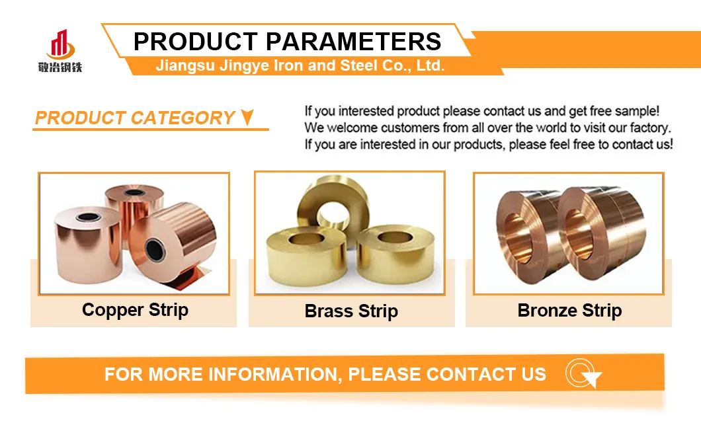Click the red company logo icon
pyautogui.click(x=60, y=44)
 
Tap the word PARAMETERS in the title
pyautogui.click(x=354, y=42)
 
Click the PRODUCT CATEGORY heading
pyautogui.click(x=135, y=118)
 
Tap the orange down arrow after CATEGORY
pyautogui.click(x=247, y=118)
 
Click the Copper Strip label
pyautogui.click(x=135, y=310)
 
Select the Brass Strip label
pyautogui.click(x=351, y=311)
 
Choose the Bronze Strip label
pyautogui.click(x=569, y=311)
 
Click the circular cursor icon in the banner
pyautogui.click(x=582, y=375)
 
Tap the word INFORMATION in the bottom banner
pyautogui.click(x=274, y=375)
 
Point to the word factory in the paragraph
pyautogui.click(x=649, y=128)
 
